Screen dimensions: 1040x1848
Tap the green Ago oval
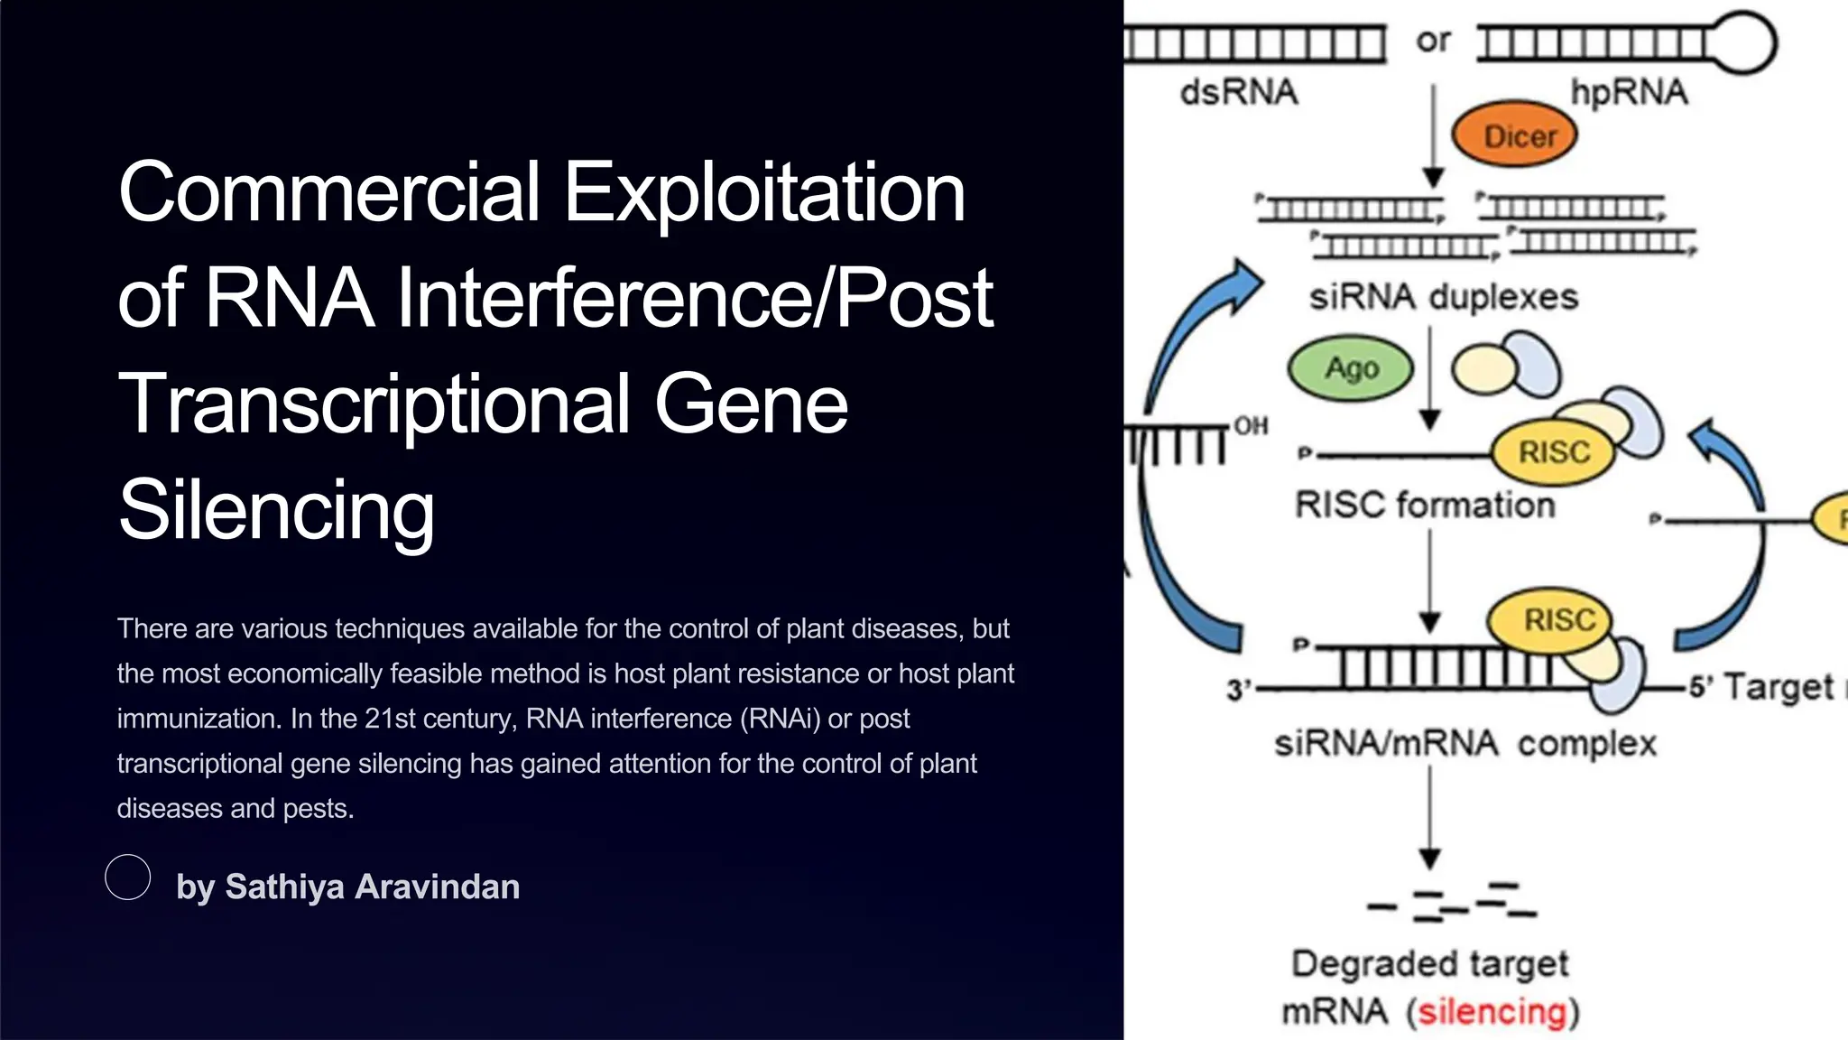[x=1350, y=368]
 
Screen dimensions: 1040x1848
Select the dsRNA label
[x=1238, y=92]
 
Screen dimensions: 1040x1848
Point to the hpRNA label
[x=1629, y=92]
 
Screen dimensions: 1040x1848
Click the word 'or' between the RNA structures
[x=1433, y=41]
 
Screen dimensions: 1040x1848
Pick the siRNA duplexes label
[x=1443, y=297]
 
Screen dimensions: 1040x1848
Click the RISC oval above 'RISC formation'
[x=1553, y=451]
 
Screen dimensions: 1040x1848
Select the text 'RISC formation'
[x=1425, y=505]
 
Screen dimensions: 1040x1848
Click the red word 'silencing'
[x=1492, y=1012]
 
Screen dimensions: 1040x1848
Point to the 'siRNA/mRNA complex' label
[x=1465, y=744]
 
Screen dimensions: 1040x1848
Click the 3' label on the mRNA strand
[x=1238, y=691]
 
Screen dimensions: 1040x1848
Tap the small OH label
[x=1251, y=425]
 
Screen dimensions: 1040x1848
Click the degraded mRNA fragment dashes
[x=1453, y=901]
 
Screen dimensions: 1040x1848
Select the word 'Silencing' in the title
[x=276, y=510]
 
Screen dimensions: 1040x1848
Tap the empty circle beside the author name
[x=128, y=877]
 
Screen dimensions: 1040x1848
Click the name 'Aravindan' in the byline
[x=437, y=887]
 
